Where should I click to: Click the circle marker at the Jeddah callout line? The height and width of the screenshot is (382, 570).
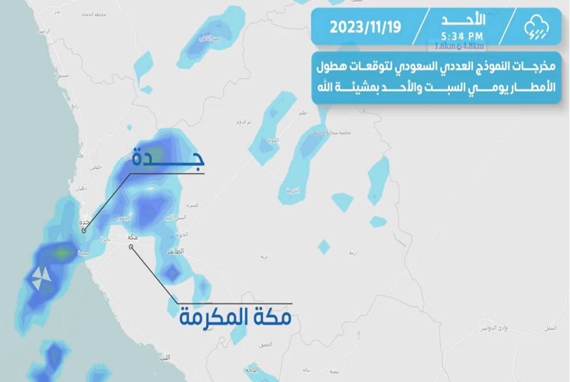tap(84, 231)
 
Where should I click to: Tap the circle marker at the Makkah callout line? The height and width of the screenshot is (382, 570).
tap(131, 247)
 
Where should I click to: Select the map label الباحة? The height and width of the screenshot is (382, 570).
tap(251, 370)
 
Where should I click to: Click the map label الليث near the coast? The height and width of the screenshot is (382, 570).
tap(165, 356)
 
